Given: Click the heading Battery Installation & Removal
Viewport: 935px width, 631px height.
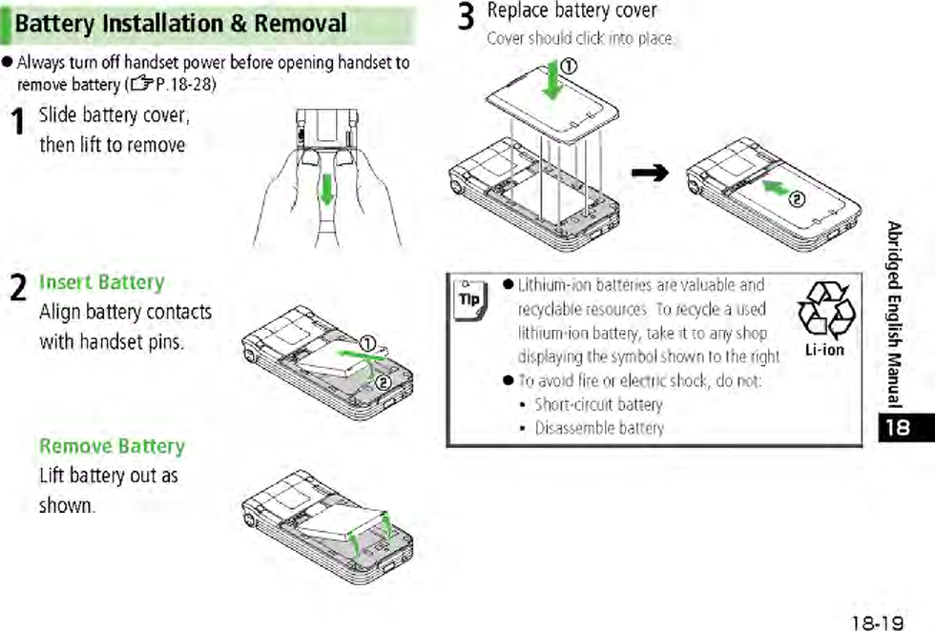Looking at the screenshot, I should click(x=180, y=24).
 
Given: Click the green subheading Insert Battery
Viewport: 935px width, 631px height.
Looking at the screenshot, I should click(x=101, y=282).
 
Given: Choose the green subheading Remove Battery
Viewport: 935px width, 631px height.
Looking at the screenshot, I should click(x=112, y=446).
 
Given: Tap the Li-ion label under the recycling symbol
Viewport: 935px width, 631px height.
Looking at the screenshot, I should click(x=825, y=350).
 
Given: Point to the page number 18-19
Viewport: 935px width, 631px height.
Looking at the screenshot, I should click(x=877, y=622).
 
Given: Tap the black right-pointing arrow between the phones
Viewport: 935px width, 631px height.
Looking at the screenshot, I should click(x=651, y=173).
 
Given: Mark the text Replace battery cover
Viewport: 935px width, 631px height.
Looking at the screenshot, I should click(x=571, y=10).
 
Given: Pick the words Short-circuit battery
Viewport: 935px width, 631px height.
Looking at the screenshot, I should click(x=598, y=404).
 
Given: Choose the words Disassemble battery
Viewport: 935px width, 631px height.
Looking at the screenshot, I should click(x=599, y=428).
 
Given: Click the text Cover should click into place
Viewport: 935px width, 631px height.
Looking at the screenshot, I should click(x=580, y=39).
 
